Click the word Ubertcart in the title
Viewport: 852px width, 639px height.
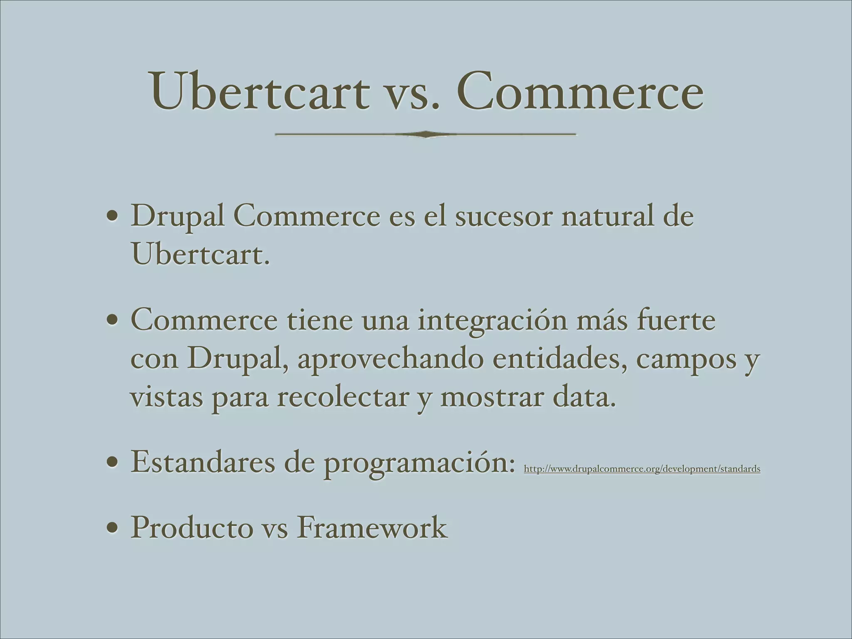(x=260, y=92)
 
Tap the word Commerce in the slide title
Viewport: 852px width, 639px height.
(x=580, y=92)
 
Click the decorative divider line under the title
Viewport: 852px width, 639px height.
(x=425, y=134)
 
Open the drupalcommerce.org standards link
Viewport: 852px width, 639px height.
(x=642, y=469)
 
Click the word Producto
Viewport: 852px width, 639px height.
(x=192, y=528)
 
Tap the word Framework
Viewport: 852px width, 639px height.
(x=372, y=528)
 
